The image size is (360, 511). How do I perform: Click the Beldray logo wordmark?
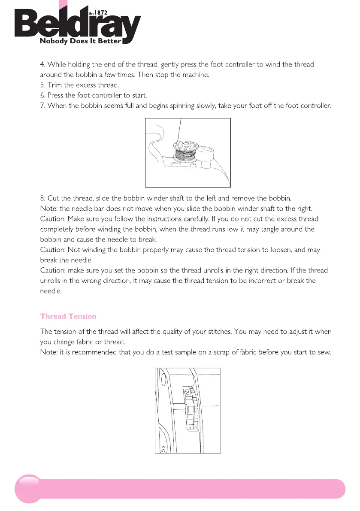[x=77, y=26]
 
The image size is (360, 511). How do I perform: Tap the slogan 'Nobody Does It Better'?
[x=81, y=42]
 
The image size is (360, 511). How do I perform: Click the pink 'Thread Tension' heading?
[x=68, y=316]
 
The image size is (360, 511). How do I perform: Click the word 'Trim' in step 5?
[x=55, y=85]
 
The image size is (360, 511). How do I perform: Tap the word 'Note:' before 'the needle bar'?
[x=49, y=209]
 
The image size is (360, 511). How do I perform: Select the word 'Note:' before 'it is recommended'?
[x=49, y=353]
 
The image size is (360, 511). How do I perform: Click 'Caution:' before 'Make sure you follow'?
[x=53, y=219]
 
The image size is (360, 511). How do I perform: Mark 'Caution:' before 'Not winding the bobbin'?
[x=53, y=250]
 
